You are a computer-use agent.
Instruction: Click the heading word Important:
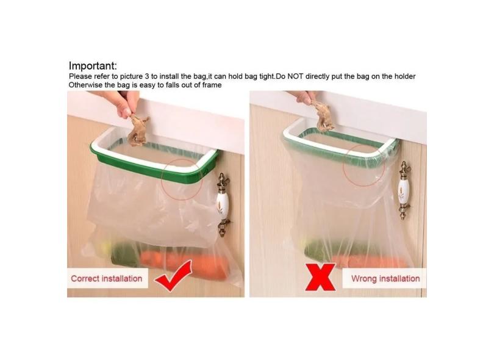point(93,66)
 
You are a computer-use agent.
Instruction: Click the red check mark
point(174,275)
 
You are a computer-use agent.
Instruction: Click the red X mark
point(320,277)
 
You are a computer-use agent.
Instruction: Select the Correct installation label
point(107,279)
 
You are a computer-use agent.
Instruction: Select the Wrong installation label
point(385,279)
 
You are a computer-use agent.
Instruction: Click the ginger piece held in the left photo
point(138,131)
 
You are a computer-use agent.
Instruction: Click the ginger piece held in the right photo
point(323,118)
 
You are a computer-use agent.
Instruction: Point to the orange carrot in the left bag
point(184,262)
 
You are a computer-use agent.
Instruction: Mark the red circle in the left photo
point(162,179)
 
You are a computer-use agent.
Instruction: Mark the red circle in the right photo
point(343,165)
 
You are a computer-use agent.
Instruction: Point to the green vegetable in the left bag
point(124,254)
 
